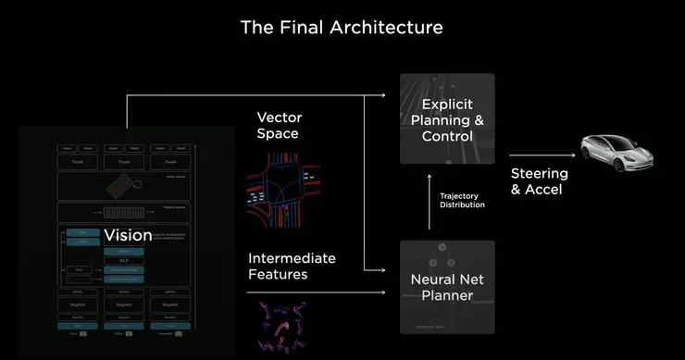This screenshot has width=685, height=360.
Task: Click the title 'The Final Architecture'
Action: (x=342, y=27)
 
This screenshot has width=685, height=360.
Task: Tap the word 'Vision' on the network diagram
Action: (x=128, y=235)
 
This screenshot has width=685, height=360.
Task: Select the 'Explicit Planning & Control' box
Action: (x=447, y=120)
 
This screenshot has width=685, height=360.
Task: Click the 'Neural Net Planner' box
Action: (x=447, y=286)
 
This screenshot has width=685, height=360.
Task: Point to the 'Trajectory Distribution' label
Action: (x=462, y=199)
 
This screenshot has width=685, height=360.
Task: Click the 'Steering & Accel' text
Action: (x=540, y=181)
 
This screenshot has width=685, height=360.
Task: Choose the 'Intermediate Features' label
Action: (x=292, y=266)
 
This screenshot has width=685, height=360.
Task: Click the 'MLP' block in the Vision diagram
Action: (x=123, y=260)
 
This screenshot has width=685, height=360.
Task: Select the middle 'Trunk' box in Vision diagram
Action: (x=123, y=162)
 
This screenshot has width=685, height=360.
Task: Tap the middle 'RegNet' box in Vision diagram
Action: (x=123, y=302)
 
